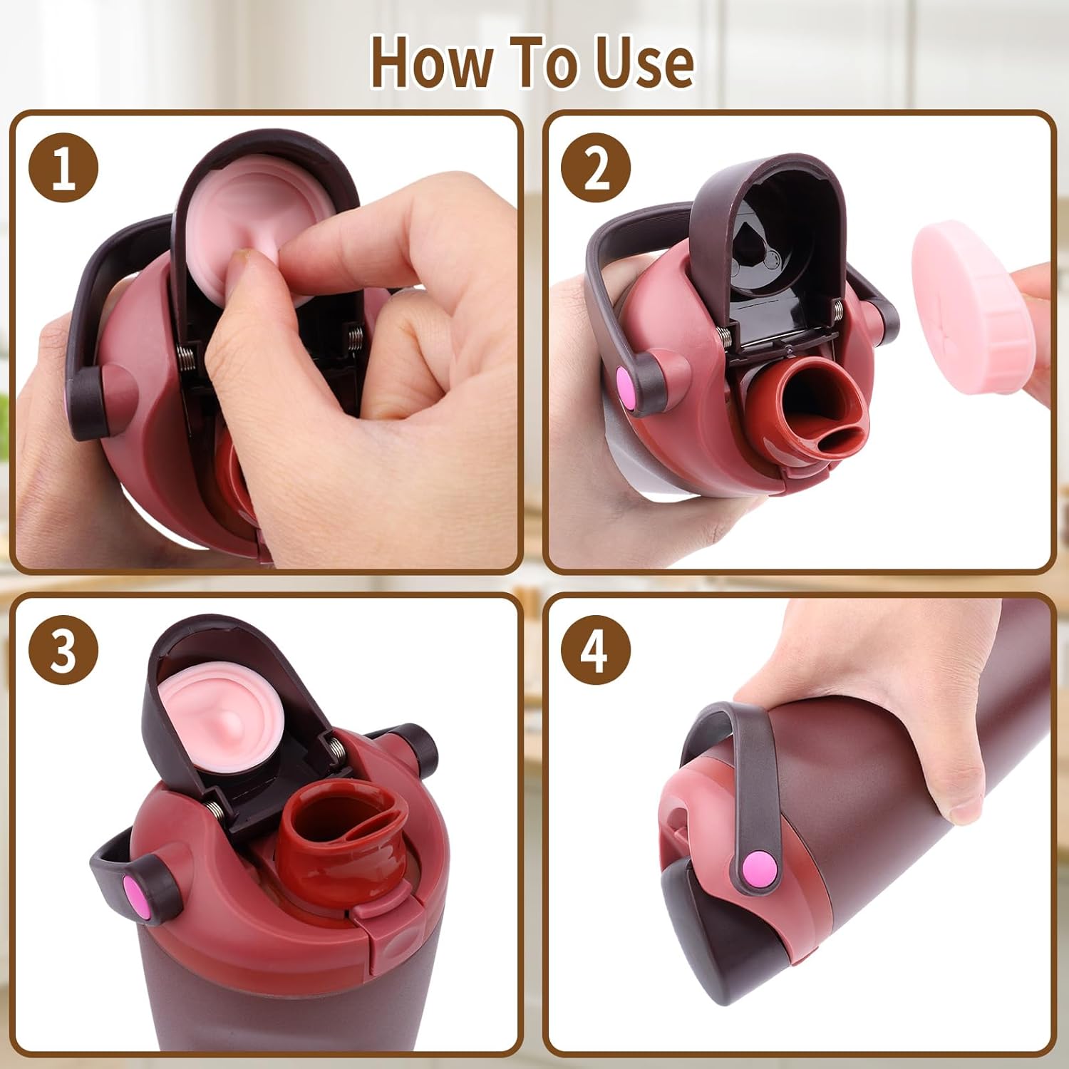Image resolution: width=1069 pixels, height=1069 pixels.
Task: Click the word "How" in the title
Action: point(431,62)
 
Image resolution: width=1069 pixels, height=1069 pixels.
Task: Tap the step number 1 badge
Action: point(63,168)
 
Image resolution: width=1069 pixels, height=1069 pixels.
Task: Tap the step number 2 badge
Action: point(596,168)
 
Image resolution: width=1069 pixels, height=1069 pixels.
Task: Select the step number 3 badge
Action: point(63,650)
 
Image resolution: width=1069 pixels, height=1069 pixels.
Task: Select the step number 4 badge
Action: point(596,650)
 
